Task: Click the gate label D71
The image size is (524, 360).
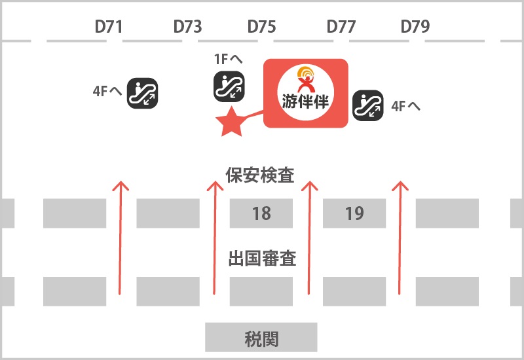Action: coord(109,27)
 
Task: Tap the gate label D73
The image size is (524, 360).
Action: coord(187,27)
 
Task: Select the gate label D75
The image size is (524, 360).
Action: coord(261,27)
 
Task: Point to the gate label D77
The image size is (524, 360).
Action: coord(341,27)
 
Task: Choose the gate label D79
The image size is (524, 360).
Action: coord(415,27)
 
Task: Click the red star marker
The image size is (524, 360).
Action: coord(231,122)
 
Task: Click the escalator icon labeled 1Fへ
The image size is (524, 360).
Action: coord(229,86)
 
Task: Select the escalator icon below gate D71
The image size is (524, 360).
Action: coord(142,93)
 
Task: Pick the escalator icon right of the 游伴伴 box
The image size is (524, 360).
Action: coord(368,105)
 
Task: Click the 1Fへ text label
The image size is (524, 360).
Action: coord(228,59)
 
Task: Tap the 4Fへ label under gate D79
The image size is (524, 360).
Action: coord(405,107)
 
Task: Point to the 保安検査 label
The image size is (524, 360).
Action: coord(260,175)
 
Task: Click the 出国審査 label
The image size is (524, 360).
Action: coord(263,258)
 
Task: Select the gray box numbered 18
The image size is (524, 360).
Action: coord(261,213)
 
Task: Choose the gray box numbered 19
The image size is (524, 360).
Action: coord(354,213)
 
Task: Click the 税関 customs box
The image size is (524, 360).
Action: coord(261,337)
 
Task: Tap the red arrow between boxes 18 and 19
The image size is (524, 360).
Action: coord(309,238)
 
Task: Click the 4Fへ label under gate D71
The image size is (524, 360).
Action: coord(107,91)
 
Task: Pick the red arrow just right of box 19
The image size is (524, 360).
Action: coord(400,238)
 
